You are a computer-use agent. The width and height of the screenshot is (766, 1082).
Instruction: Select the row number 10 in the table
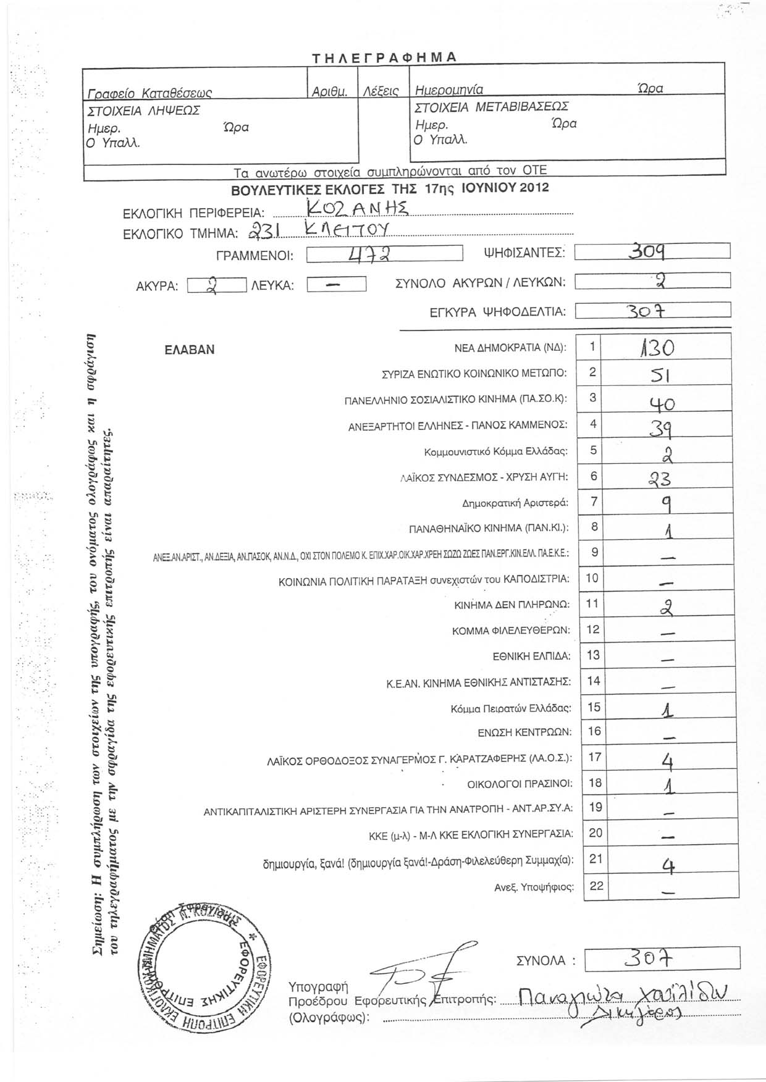point(592,578)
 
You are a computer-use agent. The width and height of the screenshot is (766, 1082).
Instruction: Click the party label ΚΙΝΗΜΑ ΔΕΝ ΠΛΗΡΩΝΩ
point(512,605)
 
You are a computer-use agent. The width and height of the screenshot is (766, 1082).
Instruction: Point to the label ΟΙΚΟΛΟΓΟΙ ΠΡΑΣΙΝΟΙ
point(520,784)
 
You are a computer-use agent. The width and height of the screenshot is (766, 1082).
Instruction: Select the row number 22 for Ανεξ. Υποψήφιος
point(596,886)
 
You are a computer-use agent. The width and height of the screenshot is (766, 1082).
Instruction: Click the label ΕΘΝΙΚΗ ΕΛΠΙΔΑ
point(531,656)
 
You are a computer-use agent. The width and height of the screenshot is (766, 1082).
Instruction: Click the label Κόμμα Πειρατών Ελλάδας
point(511,708)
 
